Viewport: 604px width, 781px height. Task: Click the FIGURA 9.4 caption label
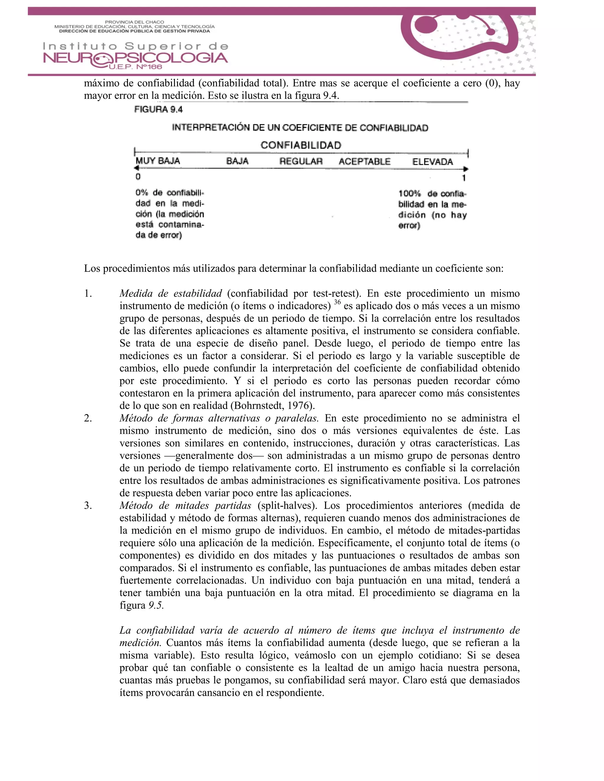pyautogui.click(x=158, y=109)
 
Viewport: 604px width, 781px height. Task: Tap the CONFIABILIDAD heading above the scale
pyautogui.click(x=301, y=145)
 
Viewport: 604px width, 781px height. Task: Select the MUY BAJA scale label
pyautogui.click(x=157, y=161)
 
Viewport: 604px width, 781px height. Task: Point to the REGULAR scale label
pyautogui.click(x=301, y=161)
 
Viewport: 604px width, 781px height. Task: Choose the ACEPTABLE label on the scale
pyautogui.click(x=364, y=162)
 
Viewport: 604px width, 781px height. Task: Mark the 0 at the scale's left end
pyautogui.click(x=138, y=177)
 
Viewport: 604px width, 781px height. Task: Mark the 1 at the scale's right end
pyautogui.click(x=464, y=178)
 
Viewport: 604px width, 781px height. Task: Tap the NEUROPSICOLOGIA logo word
pyautogui.click(x=135, y=58)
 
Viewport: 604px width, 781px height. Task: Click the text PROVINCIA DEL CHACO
pyautogui.click(x=134, y=22)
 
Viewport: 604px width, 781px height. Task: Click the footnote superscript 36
pyautogui.click(x=337, y=302)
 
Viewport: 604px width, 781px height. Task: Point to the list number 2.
pyautogui.click(x=88, y=418)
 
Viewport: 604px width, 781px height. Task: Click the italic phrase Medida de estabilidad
pyautogui.click(x=171, y=294)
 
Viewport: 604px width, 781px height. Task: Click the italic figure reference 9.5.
pyautogui.click(x=156, y=605)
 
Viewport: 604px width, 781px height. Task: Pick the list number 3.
pyautogui.click(x=88, y=506)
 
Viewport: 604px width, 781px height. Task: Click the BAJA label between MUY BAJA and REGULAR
pyautogui.click(x=237, y=161)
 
